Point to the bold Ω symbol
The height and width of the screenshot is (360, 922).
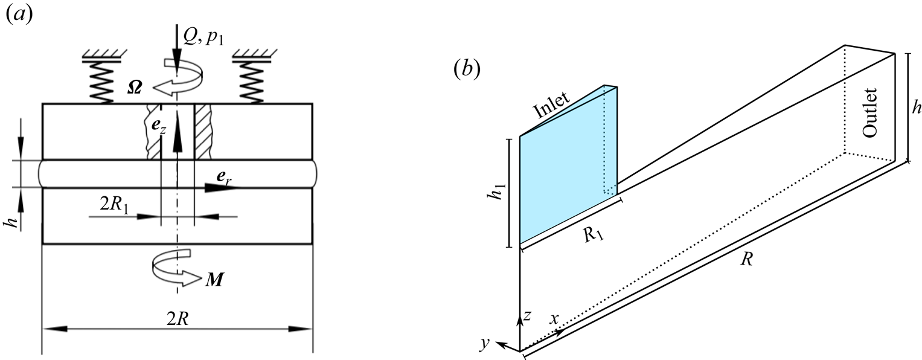tap(136, 87)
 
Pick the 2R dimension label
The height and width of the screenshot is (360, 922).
tap(179, 321)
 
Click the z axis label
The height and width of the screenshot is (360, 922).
tap(527, 315)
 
